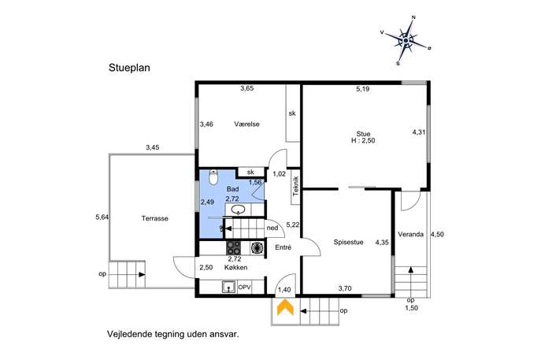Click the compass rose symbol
coord(406,41)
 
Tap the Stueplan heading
coord(129,68)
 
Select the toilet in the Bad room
coord(213,177)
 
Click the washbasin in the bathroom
coord(238,210)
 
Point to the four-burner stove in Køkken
coord(234,247)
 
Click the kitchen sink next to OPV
coord(228,287)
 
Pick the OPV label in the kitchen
coord(244,288)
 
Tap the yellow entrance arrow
coord(285,307)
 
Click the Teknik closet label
coord(295,186)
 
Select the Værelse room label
coord(246,124)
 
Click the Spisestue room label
coord(348,243)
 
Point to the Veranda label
coord(410,235)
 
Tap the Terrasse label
coord(155,218)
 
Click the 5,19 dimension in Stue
coord(362,89)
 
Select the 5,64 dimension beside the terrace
coord(102,217)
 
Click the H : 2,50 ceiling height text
coord(363,140)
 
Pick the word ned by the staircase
coord(272,228)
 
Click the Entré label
coord(283,247)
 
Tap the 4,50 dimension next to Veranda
coord(437,235)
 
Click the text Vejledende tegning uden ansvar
coord(173,334)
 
